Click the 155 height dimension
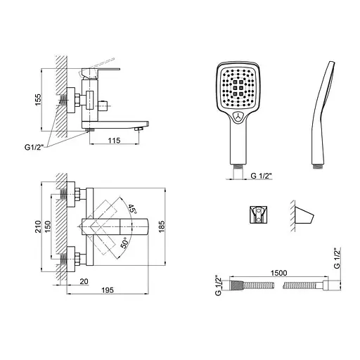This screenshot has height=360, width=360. [38, 100]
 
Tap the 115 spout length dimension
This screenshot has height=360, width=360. [114, 141]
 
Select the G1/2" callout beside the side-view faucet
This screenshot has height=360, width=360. [34, 148]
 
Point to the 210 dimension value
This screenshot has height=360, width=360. [38, 226]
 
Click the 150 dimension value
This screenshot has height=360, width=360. [47, 226]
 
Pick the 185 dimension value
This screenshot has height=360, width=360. [162, 226]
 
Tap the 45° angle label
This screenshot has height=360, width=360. [132, 209]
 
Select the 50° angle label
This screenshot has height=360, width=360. [125, 243]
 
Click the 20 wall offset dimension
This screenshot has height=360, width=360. [84, 281]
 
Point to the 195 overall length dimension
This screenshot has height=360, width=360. [108, 290]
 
